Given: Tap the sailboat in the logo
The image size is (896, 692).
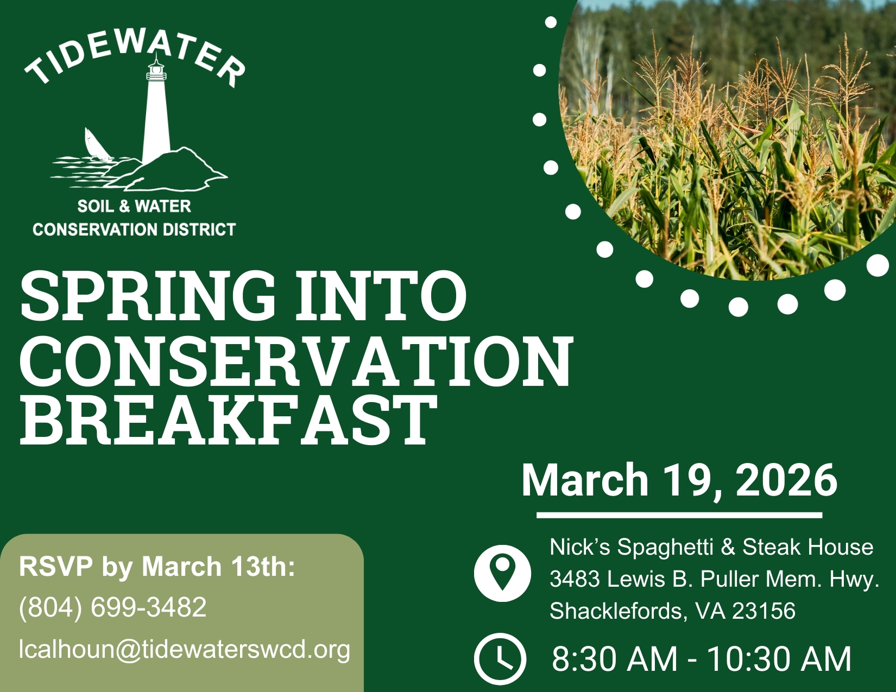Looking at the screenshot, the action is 97,144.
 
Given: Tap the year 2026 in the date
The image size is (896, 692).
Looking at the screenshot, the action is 787,480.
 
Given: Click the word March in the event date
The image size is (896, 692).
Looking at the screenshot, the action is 585,480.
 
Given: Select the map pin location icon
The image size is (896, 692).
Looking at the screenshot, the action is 502,573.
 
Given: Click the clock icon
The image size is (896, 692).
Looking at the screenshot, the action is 500,659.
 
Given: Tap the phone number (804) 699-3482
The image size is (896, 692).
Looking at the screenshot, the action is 112,607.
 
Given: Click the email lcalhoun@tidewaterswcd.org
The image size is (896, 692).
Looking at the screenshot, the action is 184,650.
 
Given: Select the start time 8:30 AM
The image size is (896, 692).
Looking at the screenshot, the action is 614,659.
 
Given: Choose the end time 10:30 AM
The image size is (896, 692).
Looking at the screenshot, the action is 779,659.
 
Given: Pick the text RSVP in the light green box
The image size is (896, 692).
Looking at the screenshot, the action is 56,566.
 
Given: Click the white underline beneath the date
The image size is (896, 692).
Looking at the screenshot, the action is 679,515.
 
